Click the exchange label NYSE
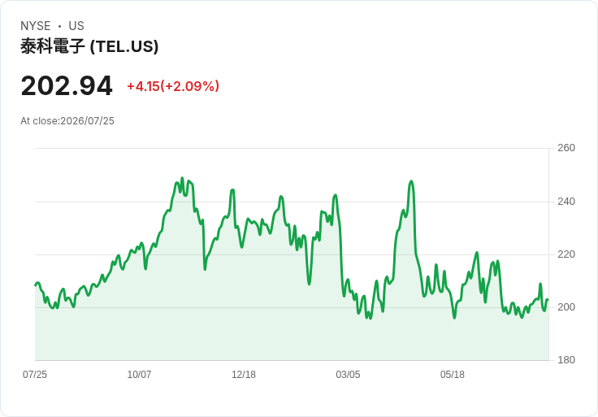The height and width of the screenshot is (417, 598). (x=36, y=26)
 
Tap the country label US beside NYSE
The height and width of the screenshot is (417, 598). (x=76, y=26)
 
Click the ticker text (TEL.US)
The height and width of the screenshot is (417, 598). (x=124, y=46)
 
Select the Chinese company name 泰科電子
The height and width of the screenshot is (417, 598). (x=53, y=46)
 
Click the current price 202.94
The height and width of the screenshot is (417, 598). (x=67, y=86)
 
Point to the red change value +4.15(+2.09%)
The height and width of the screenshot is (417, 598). (x=173, y=86)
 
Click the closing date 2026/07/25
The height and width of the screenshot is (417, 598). (x=87, y=121)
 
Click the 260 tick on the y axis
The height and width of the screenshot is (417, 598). (x=566, y=148)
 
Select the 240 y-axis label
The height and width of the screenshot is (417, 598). (x=566, y=202)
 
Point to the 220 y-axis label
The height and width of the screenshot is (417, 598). (x=566, y=254)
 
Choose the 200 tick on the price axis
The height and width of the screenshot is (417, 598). (x=566, y=307)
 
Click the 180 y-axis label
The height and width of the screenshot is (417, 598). (x=566, y=360)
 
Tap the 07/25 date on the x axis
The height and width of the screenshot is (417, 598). (x=35, y=375)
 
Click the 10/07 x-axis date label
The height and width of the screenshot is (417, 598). (x=139, y=375)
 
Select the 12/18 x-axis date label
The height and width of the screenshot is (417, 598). (x=244, y=375)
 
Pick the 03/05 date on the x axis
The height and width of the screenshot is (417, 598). (x=348, y=375)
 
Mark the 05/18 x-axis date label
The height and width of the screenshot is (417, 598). (x=453, y=375)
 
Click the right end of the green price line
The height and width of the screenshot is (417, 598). (x=548, y=299)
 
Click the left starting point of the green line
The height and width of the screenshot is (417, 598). (x=35, y=285)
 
